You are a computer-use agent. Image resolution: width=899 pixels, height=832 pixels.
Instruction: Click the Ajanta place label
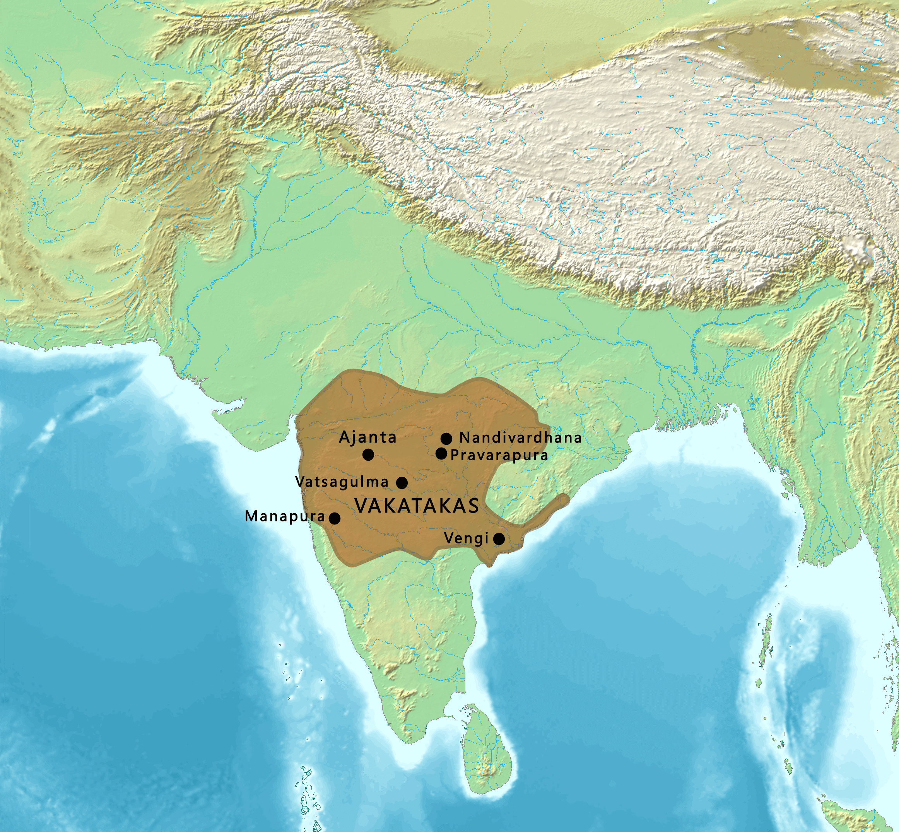367,437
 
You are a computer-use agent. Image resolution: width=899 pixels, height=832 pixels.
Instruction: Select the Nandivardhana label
520,437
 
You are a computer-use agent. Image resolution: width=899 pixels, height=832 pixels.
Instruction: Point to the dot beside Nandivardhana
446,439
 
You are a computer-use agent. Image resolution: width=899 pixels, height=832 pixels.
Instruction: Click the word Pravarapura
499,455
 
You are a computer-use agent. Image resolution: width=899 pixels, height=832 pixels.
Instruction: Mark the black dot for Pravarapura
441,453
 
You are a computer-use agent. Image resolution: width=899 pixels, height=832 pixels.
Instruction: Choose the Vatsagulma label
342,482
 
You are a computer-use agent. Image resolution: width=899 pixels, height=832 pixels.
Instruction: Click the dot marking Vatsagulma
402,483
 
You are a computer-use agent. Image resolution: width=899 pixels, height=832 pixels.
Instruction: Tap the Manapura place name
284,516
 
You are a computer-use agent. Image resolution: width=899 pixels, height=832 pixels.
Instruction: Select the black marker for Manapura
335,518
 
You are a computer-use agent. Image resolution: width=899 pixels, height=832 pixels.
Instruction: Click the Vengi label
466,538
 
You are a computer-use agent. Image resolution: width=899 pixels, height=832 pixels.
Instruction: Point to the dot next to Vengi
499,538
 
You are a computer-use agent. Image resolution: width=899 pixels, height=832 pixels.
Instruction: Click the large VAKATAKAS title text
417,506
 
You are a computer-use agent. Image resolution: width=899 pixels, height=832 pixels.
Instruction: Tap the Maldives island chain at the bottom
306,793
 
